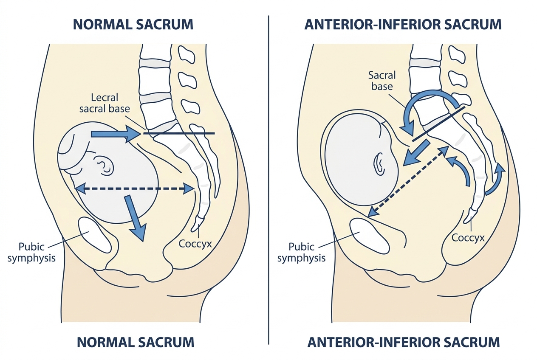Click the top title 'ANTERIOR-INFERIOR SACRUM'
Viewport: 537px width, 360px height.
[403, 24]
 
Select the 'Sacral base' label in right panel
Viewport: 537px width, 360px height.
[382, 81]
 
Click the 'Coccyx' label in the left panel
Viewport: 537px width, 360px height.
[195, 244]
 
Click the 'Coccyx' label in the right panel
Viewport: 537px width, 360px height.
[468, 238]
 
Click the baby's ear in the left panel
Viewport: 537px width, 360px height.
[104, 165]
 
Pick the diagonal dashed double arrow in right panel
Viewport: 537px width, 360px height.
[408, 181]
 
